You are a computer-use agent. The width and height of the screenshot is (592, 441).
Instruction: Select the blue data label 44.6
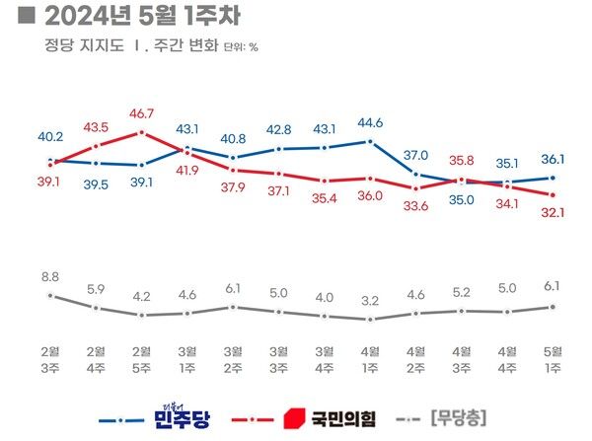[370, 123]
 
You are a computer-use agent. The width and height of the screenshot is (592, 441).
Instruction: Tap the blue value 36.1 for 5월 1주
[553, 160]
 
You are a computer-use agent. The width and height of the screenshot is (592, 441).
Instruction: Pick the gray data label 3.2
[370, 301]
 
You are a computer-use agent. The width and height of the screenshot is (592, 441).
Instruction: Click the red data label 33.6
[415, 205]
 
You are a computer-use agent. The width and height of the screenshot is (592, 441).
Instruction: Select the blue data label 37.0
[415, 156]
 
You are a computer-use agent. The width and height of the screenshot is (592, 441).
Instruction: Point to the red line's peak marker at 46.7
[142, 132]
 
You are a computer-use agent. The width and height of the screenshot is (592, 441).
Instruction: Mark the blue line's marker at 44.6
[370, 141]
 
